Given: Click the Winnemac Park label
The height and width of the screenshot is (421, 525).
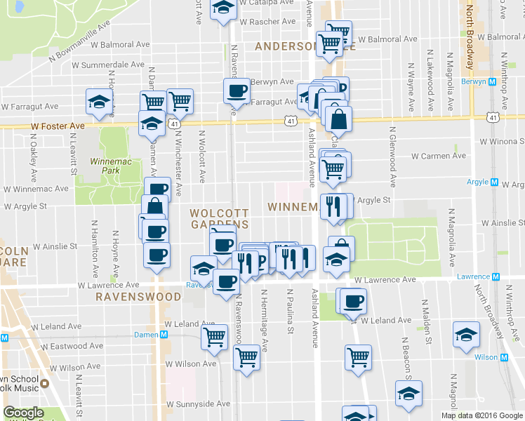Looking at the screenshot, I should tap(106, 166).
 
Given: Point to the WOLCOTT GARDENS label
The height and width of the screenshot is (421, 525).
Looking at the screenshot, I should tap(220, 218).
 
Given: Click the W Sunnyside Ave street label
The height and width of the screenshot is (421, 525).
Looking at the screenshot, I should tap(197, 404).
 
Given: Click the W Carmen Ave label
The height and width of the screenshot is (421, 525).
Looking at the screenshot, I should tap(438, 156).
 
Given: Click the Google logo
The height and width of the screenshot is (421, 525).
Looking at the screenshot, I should tap(23, 413).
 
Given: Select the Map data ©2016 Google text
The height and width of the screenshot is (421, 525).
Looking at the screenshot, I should tap(481, 415).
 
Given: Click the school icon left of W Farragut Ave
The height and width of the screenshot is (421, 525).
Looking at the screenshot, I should tap(99, 102).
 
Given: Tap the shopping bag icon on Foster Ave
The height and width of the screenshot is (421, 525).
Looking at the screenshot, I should tap(338, 120).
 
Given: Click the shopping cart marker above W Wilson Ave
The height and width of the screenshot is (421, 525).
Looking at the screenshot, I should tap(214, 335).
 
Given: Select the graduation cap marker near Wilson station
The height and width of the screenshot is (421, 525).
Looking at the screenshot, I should tap(466, 335).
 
